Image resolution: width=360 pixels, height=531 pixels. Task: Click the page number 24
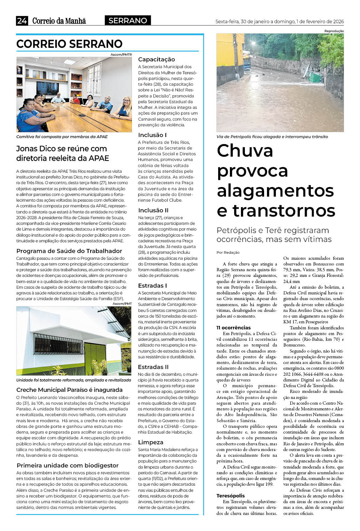pos(22,21)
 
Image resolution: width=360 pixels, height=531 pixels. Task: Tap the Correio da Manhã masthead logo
pos(59,21)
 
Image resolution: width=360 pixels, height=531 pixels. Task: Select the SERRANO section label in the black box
pos(128,21)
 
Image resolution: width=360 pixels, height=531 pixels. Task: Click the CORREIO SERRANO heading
pos(70,44)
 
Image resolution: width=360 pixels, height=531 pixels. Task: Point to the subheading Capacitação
pos(156,59)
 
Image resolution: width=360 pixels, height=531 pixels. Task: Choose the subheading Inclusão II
pos(153,210)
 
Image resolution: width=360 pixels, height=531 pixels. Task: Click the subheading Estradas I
pos(153,285)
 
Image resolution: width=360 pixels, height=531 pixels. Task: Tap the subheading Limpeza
pos(150,442)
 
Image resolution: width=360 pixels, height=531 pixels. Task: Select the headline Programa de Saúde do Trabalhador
pos(69,251)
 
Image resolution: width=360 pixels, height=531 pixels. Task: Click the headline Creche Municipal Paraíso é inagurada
pos(70,390)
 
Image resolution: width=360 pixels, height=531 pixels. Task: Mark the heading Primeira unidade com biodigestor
pos(68,465)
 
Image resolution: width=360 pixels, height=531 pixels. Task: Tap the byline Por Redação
pos(228,252)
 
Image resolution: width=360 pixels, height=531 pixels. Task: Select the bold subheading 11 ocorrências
pos(233,328)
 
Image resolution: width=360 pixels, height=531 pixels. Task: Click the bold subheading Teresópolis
pos(231,496)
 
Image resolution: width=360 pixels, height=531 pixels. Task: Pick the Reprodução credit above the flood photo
pos(334,31)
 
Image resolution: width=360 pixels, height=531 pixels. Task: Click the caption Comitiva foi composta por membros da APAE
pos(62,137)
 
